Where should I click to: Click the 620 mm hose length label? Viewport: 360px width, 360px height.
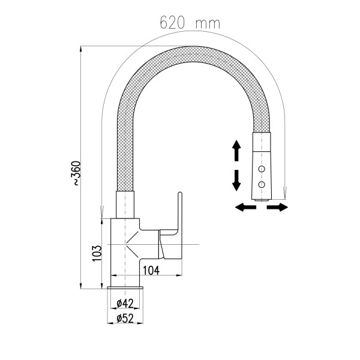point(190,23)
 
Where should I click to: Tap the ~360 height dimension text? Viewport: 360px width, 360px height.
point(77,173)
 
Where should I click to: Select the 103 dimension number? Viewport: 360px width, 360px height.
point(97,253)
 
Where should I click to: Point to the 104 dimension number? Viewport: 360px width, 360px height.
point(151,270)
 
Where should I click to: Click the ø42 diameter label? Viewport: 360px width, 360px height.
point(125,304)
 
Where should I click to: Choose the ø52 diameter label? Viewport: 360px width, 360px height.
point(125,319)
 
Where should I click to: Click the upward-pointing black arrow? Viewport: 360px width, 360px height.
point(236,151)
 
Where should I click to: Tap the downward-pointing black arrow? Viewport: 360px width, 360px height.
point(236,181)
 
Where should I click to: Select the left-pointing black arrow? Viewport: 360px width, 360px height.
point(245,207)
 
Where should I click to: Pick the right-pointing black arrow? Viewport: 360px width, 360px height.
point(277,207)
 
